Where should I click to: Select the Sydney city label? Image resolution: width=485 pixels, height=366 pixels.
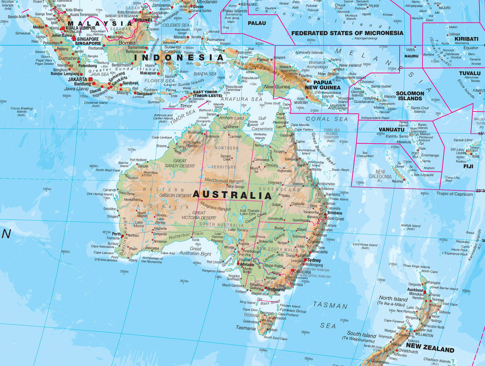point(314,260)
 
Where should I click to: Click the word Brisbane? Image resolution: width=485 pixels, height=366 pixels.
point(334,213)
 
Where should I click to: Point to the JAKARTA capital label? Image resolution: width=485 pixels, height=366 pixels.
point(77,79)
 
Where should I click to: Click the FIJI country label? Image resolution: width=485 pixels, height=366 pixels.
point(468,166)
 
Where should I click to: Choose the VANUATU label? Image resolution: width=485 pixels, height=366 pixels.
point(391,129)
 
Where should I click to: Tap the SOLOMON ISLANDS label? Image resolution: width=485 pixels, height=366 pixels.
point(410,96)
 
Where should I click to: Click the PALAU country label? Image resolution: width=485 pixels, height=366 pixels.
point(257,23)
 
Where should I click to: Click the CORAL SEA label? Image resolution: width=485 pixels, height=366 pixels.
point(326,119)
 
